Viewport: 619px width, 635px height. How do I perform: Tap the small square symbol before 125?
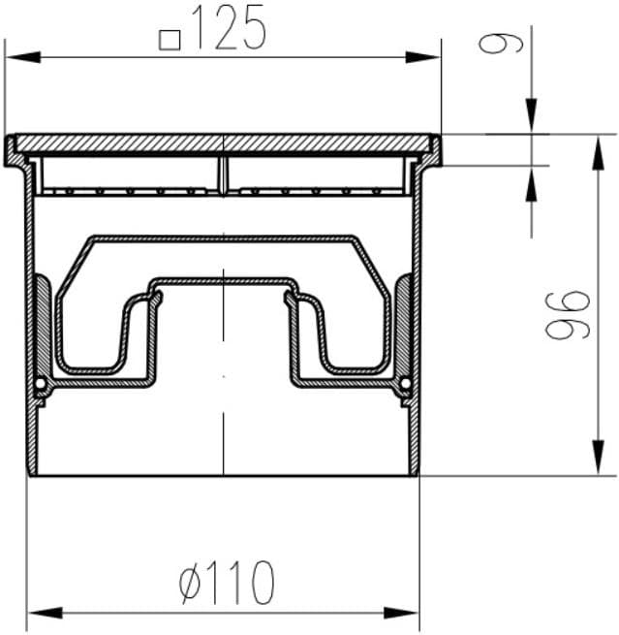pyautogui.click(x=170, y=40)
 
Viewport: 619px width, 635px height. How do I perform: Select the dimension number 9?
pyautogui.click(x=501, y=44)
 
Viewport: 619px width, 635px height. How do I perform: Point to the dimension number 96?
pyautogui.click(x=568, y=315)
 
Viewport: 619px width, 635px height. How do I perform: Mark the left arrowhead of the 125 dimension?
pyautogui.click(x=22, y=57)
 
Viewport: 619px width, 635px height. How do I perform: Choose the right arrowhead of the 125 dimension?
pyautogui.click(x=422, y=57)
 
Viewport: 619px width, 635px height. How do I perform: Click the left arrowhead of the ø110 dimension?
pyautogui.click(x=45, y=613)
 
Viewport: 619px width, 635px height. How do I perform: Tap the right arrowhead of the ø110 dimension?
pyautogui.click(x=401, y=613)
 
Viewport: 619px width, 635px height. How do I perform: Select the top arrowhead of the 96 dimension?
pyautogui.click(x=598, y=153)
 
